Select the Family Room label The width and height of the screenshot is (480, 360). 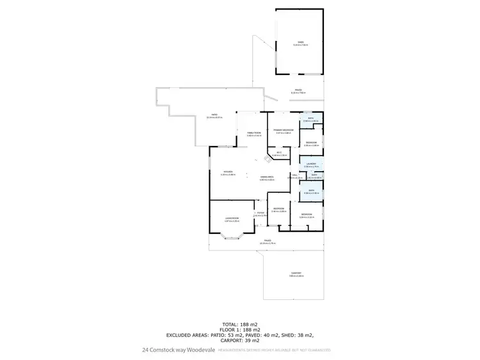pyautogui.click(x=254, y=133)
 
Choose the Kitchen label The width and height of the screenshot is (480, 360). pyautogui.click(x=228, y=172)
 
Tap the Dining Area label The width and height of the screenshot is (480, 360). pyautogui.click(x=267, y=178)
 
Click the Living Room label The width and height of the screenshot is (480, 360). pyautogui.click(x=232, y=219)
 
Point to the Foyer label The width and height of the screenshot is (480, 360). pyautogui.click(x=260, y=214)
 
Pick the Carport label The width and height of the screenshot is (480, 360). pyautogui.click(x=296, y=274)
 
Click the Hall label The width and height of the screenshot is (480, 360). pyautogui.click(x=294, y=176)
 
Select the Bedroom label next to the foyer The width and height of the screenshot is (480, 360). pyautogui.click(x=278, y=209)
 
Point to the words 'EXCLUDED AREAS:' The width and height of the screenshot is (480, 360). pyautogui.click(x=189, y=335)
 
